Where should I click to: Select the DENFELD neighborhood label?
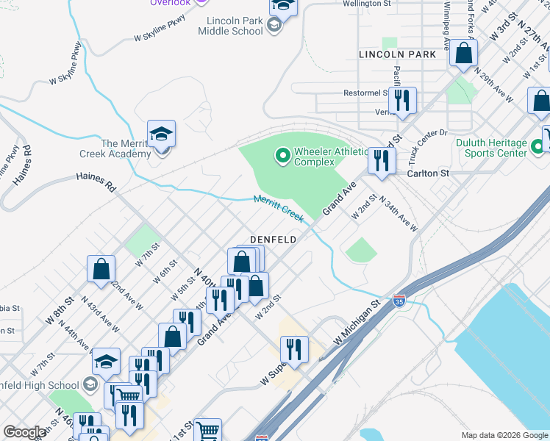point(273,240)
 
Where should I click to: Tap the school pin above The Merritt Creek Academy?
point(161,135)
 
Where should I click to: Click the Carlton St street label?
point(428,173)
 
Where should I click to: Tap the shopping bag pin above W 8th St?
point(101,270)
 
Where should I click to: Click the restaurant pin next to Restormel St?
point(401,100)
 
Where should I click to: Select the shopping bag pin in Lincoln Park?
point(463,53)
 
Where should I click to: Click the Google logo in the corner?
point(24,432)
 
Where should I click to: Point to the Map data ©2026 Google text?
point(504,434)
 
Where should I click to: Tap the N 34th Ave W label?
point(398,214)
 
